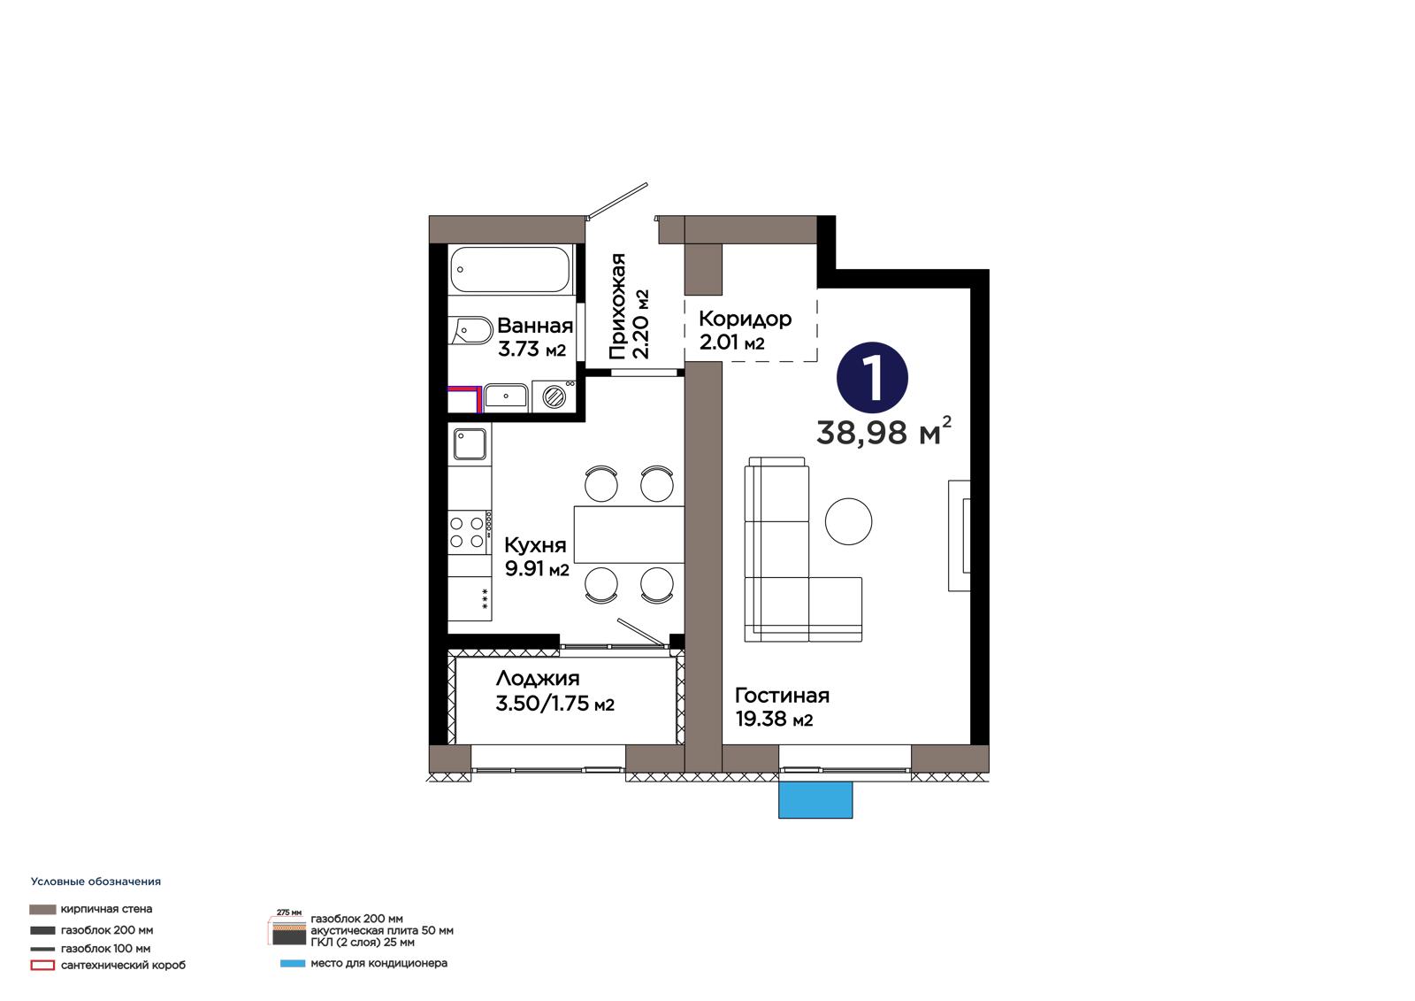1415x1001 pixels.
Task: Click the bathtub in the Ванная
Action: click(511, 269)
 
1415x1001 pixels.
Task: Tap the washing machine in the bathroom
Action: click(555, 397)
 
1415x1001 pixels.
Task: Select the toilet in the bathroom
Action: click(470, 330)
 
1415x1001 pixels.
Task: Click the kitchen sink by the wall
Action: click(470, 444)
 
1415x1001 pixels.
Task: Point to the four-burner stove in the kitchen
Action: click(470, 533)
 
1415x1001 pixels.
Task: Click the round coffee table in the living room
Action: click(848, 521)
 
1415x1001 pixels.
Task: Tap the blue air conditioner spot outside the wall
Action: click(815, 799)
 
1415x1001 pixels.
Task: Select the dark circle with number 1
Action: click(872, 378)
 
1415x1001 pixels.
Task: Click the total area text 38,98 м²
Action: click(883, 432)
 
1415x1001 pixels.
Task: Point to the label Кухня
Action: click(535, 544)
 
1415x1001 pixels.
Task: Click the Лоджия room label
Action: click(538, 678)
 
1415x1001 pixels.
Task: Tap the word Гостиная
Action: click(782, 696)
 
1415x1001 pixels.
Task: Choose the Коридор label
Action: click(745, 318)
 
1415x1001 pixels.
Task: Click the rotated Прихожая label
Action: click(617, 307)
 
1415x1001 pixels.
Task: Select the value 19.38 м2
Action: click(774, 719)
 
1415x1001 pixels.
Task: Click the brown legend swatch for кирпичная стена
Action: click(42, 909)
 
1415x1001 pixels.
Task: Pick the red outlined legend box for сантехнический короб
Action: click(42, 966)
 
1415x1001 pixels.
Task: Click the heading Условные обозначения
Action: click(96, 882)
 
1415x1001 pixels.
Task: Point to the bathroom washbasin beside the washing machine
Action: click(505, 397)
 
